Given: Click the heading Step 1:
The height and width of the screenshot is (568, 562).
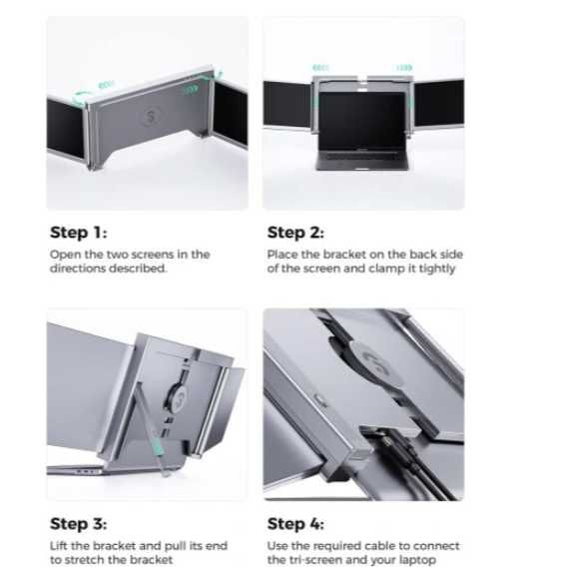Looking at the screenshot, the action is pyautogui.click(x=79, y=233).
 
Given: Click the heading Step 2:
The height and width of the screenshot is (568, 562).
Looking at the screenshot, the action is pyautogui.click(x=295, y=233).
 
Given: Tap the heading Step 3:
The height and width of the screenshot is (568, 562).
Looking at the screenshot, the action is pyautogui.click(x=79, y=524).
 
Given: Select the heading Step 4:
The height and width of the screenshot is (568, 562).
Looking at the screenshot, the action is pyautogui.click(x=295, y=524).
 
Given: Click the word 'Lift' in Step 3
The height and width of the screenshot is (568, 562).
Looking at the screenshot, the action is pyautogui.click(x=58, y=546).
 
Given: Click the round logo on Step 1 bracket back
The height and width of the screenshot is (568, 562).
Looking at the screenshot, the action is pyautogui.click(x=150, y=116).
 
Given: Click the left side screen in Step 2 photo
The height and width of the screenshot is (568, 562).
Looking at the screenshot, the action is pyautogui.click(x=287, y=104).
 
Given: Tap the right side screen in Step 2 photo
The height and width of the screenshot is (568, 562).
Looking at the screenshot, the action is pyautogui.click(x=439, y=103).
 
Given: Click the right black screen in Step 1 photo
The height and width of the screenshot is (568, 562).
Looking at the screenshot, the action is pyautogui.click(x=231, y=114).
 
